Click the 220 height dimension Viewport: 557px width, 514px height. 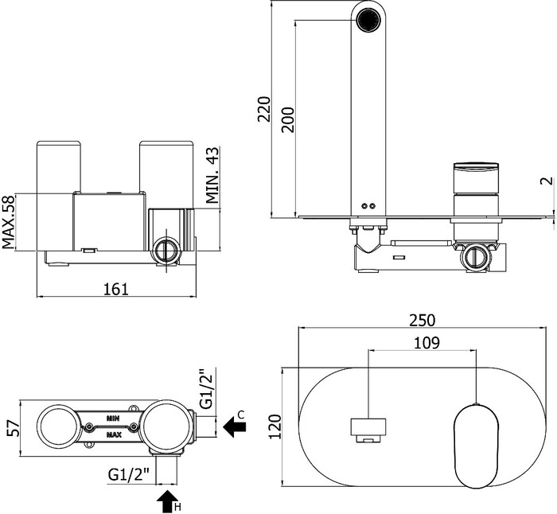(265, 107)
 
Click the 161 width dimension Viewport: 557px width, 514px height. (116, 290)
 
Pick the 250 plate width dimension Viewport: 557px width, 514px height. (421, 320)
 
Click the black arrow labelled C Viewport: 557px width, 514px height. (236, 426)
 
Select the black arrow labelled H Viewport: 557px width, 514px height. (167, 501)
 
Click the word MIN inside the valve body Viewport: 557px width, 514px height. (114, 417)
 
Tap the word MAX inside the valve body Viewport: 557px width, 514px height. (114, 435)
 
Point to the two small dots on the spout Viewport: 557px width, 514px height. (367, 205)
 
